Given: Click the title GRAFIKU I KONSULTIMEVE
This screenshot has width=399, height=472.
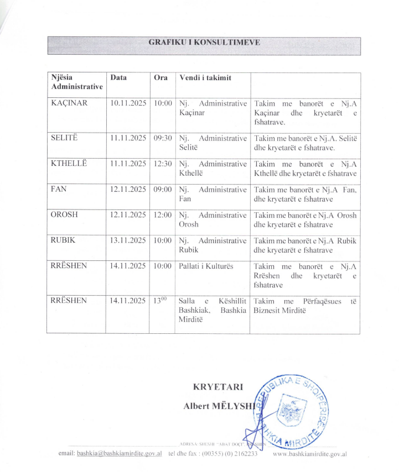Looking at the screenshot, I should [x=204, y=42].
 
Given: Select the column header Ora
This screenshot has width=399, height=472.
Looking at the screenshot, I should [x=160, y=78].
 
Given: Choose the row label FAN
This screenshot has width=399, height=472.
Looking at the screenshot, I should [x=59, y=189].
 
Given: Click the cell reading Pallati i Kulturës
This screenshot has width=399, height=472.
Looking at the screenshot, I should [x=206, y=266].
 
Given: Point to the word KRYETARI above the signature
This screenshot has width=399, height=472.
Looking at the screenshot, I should [x=218, y=387].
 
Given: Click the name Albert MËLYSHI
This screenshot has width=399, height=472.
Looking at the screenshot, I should [x=218, y=406].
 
